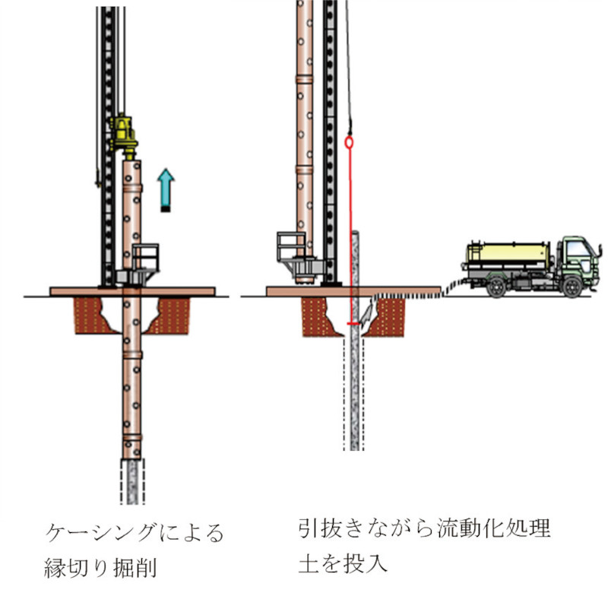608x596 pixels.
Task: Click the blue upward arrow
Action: pyautogui.click(x=166, y=189)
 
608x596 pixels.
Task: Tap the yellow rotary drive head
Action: pyautogui.click(x=122, y=135)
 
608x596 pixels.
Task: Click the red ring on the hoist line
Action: pyautogui.click(x=350, y=142)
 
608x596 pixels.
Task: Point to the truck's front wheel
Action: pyautogui.click(x=572, y=287)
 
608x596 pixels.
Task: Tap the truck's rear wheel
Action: pyautogui.click(x=496, y=287)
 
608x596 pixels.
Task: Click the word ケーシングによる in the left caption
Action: pyautogui.click(x=134, y=531)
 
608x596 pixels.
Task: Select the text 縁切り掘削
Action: pyautogui.click(x=99, y=566)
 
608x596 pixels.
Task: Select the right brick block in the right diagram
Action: pyautogui.click(x=388, y=315)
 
